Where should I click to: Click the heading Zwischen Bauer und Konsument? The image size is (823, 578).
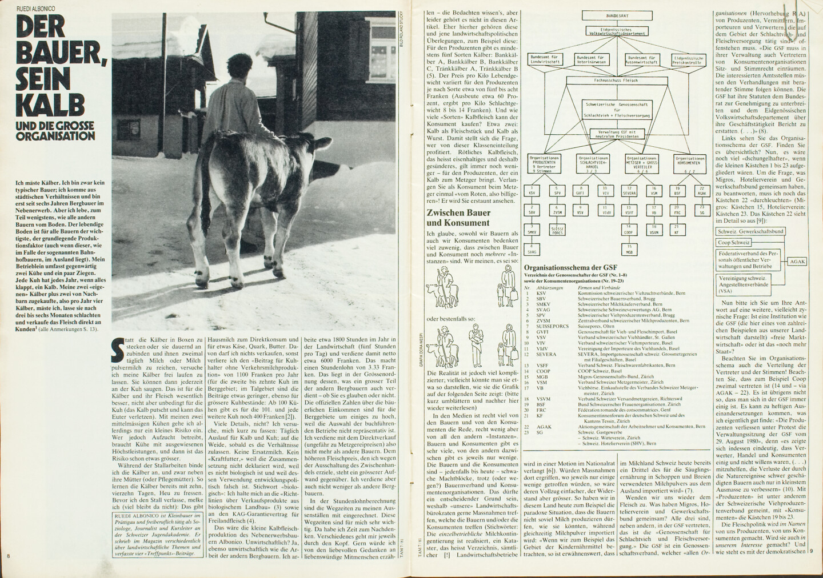pyautogui.click(x=458, y=218)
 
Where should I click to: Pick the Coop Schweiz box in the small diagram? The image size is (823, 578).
pyautogui.click(x=734, y=242)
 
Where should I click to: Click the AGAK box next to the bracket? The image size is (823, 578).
pyautogui.click(x=797, y=262)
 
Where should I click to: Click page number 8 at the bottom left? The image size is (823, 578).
pyautogui.click(x=9, y=557)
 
